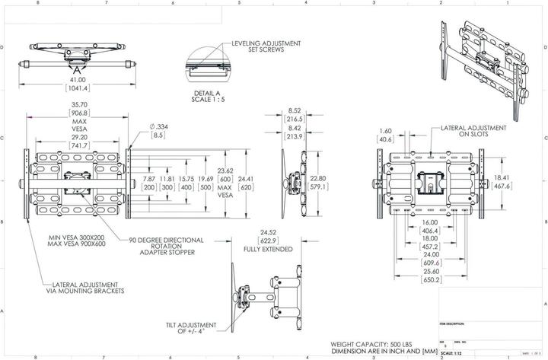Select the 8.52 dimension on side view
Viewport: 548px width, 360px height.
(295, 110)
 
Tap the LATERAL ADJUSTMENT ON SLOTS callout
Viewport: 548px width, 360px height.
(465, 134)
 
